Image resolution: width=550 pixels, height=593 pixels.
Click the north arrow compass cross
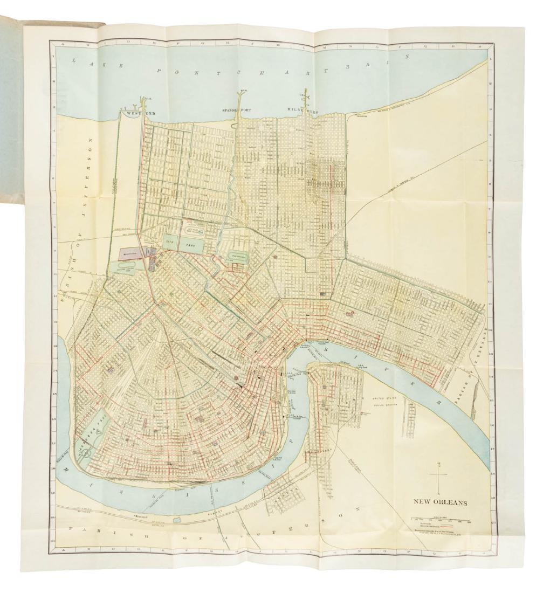tap(439, 475)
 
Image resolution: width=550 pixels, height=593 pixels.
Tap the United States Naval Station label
tap(383, 401)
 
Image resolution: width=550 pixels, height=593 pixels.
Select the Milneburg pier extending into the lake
tap(306, 94)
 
